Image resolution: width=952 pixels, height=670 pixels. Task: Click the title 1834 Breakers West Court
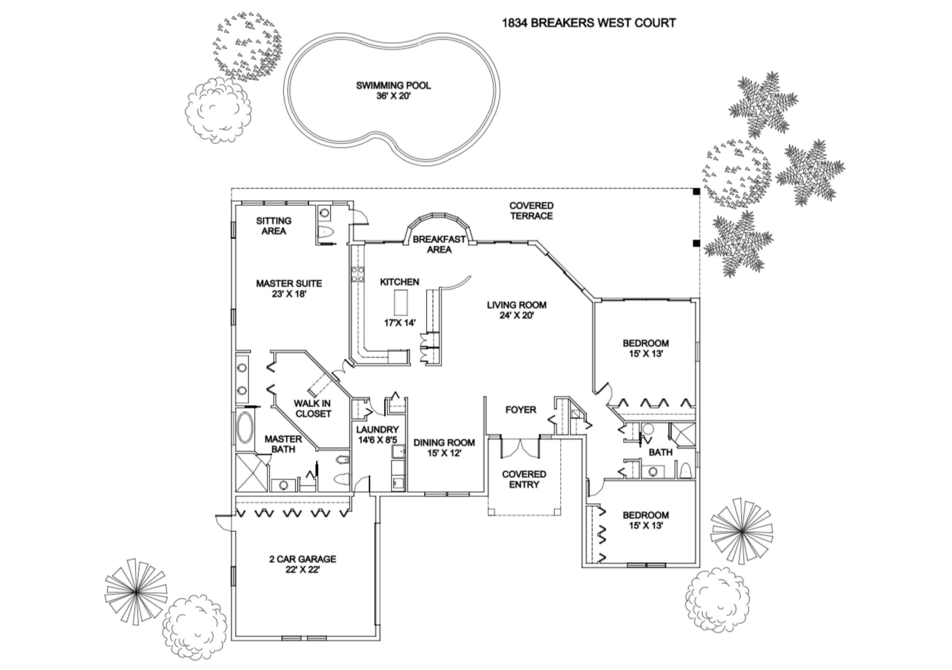tap(589, 23)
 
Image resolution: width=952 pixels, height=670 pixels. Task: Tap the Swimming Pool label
tap(393, 86)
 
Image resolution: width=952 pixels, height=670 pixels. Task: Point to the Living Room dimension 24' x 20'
tap(516, 316)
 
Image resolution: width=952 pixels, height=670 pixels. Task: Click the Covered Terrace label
tap(531, 211)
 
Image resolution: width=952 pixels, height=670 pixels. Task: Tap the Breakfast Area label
tap(439, 244)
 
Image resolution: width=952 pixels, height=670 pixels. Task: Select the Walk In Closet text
tap(313, 408)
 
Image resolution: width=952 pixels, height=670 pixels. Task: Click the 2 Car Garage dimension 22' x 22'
tap(303, 570)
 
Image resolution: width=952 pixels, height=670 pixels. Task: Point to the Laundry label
tap(377, 430)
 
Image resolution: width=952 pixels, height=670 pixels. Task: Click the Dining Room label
tap(444, 442)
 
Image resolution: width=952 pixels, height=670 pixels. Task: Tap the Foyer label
tap(521, 410)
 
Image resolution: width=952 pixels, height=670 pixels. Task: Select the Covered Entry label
tap(524, 479)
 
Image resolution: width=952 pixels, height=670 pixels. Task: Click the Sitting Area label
tap(274, 226)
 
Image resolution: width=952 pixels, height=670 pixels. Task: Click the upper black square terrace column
tap(696, 191)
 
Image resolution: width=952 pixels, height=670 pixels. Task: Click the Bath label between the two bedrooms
tap(661, 452)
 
